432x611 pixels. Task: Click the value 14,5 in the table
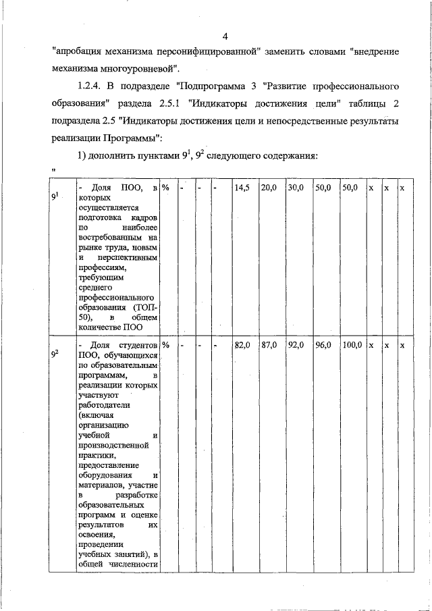coord(242,188)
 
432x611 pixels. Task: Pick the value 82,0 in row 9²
coord(242,345)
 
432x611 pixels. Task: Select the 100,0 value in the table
coord(352,345)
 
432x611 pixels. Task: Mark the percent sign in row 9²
coord(165,345)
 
